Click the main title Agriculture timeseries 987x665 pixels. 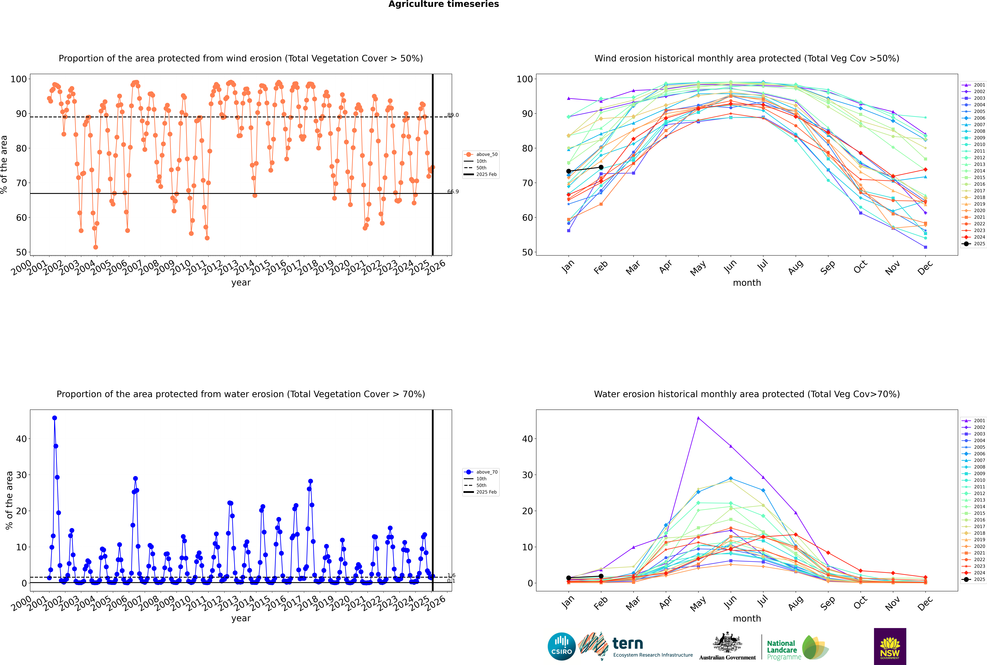tap(443, 4)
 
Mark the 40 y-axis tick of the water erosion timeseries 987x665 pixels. tap(21, 439)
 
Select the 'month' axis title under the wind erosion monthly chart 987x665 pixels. tap(747, 283)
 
